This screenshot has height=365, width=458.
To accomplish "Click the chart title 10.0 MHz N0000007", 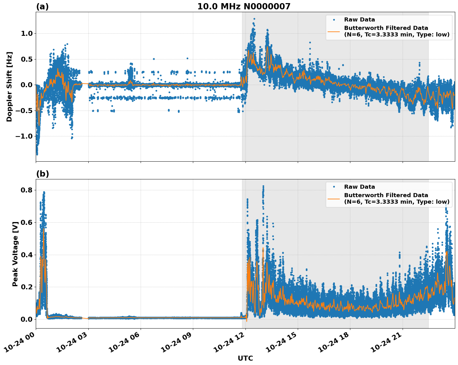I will click(x=244, y=7).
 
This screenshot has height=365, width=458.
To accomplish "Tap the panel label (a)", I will click(x=42, y=7).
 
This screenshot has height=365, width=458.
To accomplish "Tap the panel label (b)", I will click(x=42, y=174).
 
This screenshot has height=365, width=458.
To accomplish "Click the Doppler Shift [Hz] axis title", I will click(x=9, y=87).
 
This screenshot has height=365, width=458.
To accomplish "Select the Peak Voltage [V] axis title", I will click(x=15, y=254).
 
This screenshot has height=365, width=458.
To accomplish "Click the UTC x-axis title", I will click(x=245, y=358).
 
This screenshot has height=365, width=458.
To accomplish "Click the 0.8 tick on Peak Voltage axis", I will click(x=27, y=190).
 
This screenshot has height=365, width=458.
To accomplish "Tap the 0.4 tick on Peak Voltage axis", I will click(x=27, y=255).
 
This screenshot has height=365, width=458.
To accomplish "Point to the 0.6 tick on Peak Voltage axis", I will click(x=27, y=222).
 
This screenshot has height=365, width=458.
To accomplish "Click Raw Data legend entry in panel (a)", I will click(x=359, y=20).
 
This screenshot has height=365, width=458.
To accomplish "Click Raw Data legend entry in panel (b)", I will click(x=359, y=187).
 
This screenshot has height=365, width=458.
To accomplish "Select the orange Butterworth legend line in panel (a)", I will click(x=334, y=31).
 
